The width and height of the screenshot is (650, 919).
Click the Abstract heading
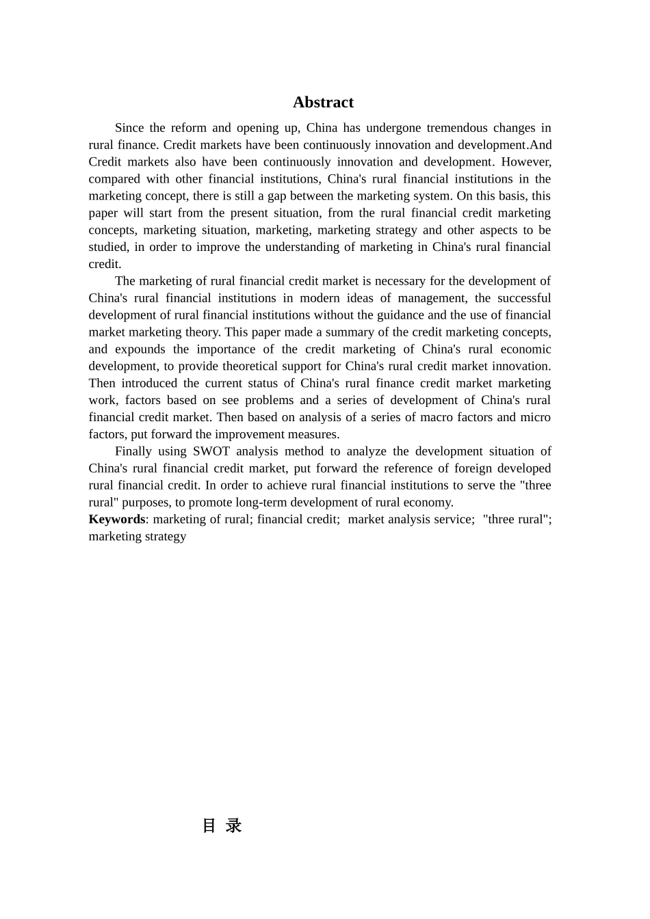tap(323, 103)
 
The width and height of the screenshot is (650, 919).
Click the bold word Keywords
tap(117, 519)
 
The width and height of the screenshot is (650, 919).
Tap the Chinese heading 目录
tap(222, 826)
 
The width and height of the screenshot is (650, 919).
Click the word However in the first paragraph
tap(526, 162)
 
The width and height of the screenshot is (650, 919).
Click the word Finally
tap(133, 451)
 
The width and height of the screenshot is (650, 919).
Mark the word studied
tap(108, 247)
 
